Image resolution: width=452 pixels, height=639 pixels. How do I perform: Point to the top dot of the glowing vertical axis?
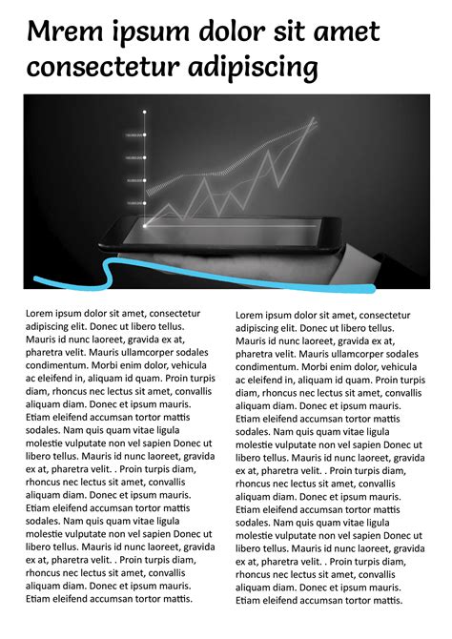pos(144,113)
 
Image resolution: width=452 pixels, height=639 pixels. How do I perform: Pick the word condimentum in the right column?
pos(269,367)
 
